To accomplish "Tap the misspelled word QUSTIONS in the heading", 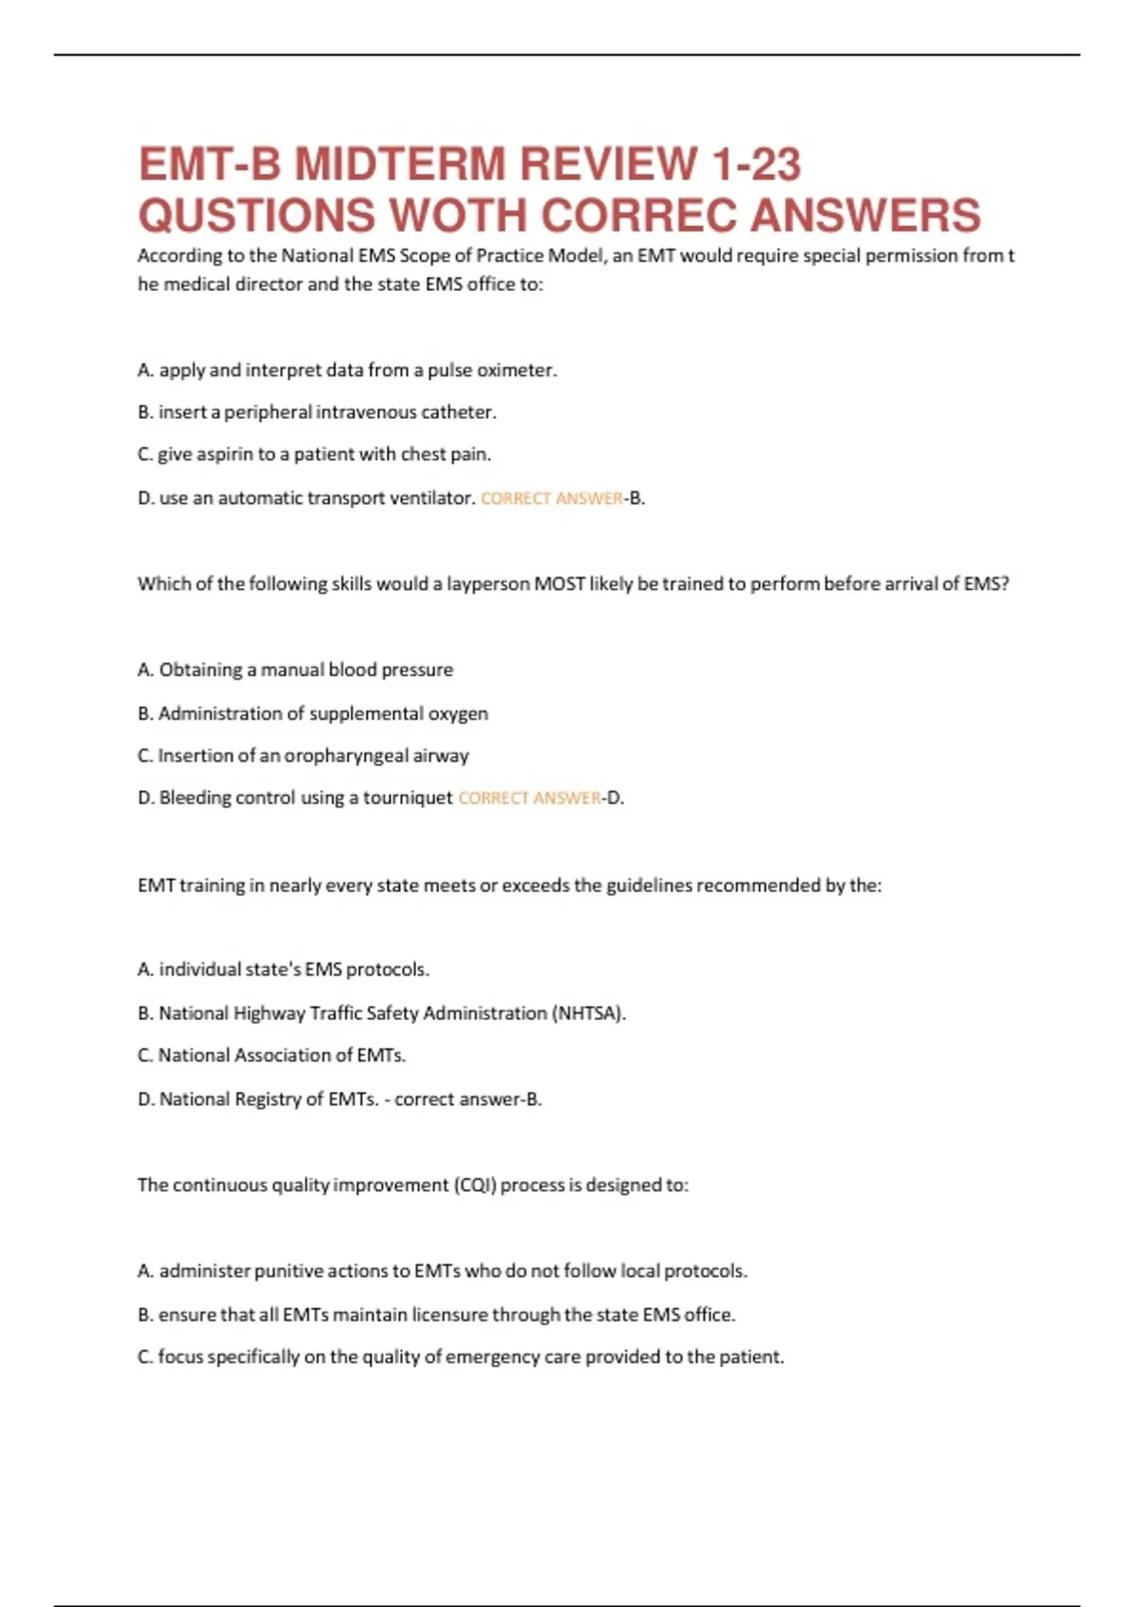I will coord(256,215).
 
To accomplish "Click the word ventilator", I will coord(436,498).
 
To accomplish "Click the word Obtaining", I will coord(201,670).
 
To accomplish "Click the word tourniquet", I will coord(408,799).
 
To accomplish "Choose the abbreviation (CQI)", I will coord(474,1185).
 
